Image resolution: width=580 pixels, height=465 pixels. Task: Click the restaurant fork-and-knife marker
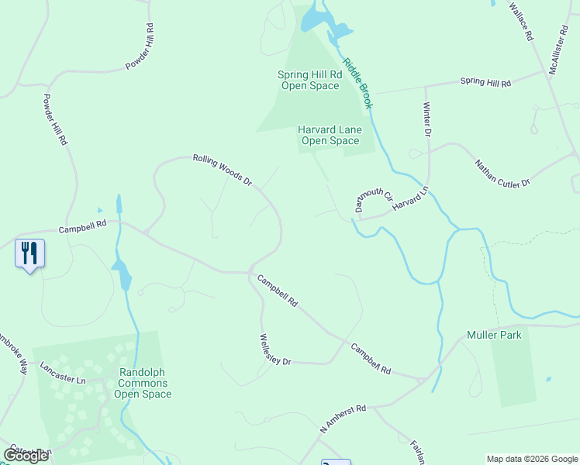pyautogui.click(x=29, y=253)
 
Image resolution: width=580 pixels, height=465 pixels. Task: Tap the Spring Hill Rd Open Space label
pyautogui.click(x=309, y=80)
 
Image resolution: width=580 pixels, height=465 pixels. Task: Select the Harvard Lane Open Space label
pyautogui.click(x=330, y=135)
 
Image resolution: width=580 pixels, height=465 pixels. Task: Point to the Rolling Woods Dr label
pyautogui.click(x=223, y=170)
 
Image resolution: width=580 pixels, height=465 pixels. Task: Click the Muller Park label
pyautogui.click(x=494, y=335)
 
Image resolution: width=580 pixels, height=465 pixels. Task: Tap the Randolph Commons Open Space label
pyautogui.click(x=143, y=383)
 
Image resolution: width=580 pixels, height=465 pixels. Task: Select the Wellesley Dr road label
pyautogui.click(x=274, y=350)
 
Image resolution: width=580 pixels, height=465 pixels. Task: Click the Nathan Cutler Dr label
pyautogui.click(x=502, y=173)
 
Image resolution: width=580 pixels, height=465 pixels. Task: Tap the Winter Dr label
pyautogui.click(x=426, y=119)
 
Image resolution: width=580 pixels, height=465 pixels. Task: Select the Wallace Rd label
pyautogui.click(x=521, y=21)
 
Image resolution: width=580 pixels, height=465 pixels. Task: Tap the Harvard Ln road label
pyautogui.click(x=410, y=198)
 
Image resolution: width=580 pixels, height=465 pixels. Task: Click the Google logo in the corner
pyautogui.click(x=26, y=455)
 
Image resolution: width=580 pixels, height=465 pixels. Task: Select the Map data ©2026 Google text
pyautogui.click(x=531, y=459)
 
